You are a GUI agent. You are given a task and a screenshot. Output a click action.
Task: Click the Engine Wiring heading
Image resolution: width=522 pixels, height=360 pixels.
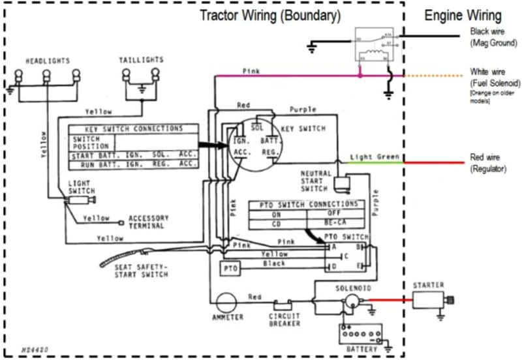[x=463, y=16]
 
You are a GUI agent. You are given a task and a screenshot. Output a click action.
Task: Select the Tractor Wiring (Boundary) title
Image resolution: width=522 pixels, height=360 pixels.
[x=269, y=14]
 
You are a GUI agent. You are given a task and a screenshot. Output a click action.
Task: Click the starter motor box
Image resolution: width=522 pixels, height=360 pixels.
[x=428, y=299]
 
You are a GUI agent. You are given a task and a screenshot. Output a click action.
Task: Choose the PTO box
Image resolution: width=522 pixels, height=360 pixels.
[x=228, y=269]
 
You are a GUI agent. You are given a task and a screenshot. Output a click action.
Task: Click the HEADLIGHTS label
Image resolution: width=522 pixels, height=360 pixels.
[x=47, y=61]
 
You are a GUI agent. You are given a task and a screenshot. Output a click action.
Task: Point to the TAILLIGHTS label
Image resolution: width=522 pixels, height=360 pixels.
[x=141, y=60]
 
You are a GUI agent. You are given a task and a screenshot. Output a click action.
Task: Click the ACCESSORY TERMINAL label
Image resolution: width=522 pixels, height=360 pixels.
[x=149, y=222]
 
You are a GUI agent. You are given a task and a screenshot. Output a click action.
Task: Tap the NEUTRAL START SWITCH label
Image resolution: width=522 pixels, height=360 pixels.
[x=316, y=181]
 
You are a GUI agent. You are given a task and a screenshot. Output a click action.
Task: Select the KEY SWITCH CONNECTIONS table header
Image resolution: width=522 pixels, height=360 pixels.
[x=125, y=129]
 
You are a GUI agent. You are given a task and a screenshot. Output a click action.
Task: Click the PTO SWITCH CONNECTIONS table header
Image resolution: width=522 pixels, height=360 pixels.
[x=305, y=204]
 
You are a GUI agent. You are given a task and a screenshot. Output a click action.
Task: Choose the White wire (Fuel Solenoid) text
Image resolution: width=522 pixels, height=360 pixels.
[x=493, y=78]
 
